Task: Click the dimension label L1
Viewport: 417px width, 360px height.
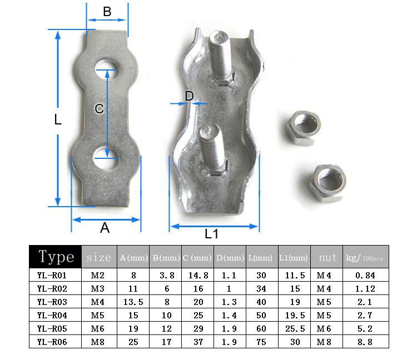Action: pyautogui.click(x=211, y=234)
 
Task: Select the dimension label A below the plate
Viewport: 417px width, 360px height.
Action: pyautogui.click(x=105, y=228)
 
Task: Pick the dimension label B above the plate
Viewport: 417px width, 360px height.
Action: pyautogui.click(x=107, y=12)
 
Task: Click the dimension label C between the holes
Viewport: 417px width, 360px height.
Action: pyautogui.click(x=99, y=109)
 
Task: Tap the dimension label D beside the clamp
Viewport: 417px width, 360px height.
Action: pyautogui.click(x=189, y=96)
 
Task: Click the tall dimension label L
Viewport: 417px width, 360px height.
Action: pyautogui.click(x=57, y=119)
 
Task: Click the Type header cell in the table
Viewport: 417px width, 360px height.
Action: pyautogui.click(x=56, y=257)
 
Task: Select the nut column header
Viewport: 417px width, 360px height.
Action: pyautogui.click(x=327, y=258)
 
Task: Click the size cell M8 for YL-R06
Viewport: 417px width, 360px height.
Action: pyautogui.click(x=98, y=342)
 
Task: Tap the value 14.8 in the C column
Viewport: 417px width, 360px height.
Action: pyautogui.click(x=198, y=275)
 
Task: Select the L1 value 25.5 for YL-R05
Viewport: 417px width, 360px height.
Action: pyautogui.click(x=295, y=328)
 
